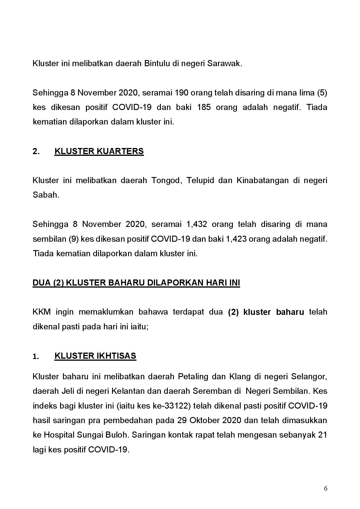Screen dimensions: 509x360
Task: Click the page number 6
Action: tap(326, 488)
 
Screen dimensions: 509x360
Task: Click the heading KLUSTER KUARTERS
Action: tap(99, 151)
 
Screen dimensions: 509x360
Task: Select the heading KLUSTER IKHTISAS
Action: tap(95, 356)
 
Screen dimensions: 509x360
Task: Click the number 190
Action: tap(181, 93)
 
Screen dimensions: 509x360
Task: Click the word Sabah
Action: tap(46, 195)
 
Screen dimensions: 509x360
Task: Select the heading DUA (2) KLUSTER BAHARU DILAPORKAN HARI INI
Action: tap(136, 283)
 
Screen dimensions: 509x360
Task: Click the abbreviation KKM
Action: tap(42, 312)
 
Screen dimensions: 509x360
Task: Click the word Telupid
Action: tap(200, 181)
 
